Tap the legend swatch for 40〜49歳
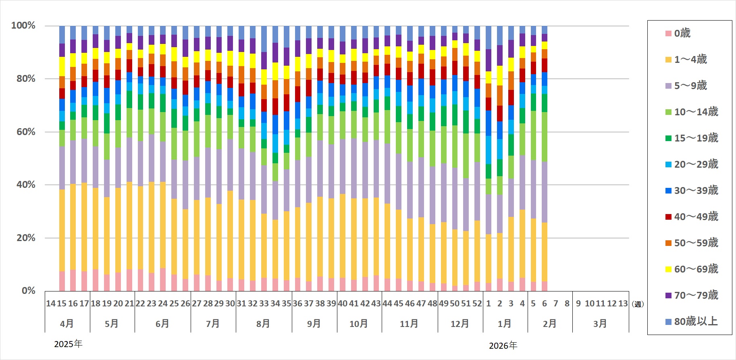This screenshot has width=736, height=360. tap(668, 217)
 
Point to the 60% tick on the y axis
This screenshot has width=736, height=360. tap(26, 132)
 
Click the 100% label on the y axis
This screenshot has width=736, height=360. tap(23, 25)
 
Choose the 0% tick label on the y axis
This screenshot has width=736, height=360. tap(28, 291)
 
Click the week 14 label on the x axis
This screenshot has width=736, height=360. tap(51, 304)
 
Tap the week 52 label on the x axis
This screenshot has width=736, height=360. tap(477, 304)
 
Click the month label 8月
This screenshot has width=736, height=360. tap(263, 324)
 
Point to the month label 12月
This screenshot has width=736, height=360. tap(460, 324)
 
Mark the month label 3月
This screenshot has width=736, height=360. tap(600, 324)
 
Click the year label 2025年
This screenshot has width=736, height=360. tap(68, 344)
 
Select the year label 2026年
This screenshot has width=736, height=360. tap(503, 345)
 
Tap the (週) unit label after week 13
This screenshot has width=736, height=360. tap(638, 304)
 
